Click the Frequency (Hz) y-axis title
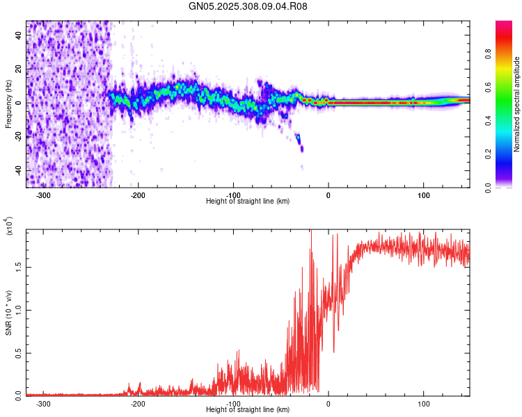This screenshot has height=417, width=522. tap(8, 104)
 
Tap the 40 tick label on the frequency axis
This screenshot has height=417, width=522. tap(18, 37)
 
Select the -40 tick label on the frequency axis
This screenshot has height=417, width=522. tap(17, 170)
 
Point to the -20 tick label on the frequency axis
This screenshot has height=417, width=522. tap(17, 137)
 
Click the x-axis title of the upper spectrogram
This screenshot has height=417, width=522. tap(248, 201)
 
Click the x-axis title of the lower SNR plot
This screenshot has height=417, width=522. tap(248, 410)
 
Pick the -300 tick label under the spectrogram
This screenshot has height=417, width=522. tap(42, 195)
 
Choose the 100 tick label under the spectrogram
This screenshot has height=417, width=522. tap(423, 195)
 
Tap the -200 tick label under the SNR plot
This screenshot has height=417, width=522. tap(138, 403)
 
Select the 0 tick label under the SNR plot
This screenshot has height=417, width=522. tap(329, 403)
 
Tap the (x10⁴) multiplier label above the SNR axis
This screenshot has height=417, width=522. tap(9, 226)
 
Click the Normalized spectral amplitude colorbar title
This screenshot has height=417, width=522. tap(516, 104)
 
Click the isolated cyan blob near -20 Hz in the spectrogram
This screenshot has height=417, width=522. tap(299, 139)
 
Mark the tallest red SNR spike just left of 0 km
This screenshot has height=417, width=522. tap(311, 234)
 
